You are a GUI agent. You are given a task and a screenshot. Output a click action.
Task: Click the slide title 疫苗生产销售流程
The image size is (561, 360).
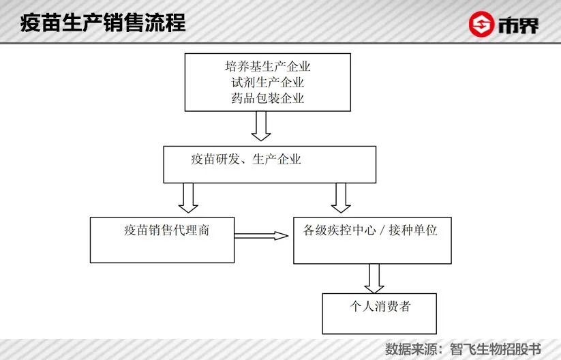coord(103,23)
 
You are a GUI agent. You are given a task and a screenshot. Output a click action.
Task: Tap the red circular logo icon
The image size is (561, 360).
coord(481,25)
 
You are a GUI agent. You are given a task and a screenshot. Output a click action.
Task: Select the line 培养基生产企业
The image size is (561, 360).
coord(267,67)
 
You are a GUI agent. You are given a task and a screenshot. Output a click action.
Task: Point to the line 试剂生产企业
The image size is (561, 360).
coord(267,82)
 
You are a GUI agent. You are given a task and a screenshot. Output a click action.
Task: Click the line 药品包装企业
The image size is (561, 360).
coord(267,98)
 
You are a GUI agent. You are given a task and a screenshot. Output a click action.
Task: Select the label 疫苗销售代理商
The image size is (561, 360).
coord(166,230)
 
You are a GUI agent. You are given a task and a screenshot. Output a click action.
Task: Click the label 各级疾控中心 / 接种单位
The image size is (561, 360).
coord(370,230)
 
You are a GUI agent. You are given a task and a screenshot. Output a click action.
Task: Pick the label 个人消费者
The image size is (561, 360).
coord(378,305)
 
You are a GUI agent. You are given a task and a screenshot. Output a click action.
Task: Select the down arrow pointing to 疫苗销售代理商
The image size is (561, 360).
coord(187,197)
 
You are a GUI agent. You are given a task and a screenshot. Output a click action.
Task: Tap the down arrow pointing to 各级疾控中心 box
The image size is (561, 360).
coord(340,197)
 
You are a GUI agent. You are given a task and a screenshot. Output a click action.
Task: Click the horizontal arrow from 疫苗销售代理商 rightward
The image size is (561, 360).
coord(261,236)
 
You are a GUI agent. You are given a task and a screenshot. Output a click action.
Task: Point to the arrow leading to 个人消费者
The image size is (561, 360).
coord(373,277)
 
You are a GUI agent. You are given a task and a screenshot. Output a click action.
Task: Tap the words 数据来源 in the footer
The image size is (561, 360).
coord(408,348)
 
